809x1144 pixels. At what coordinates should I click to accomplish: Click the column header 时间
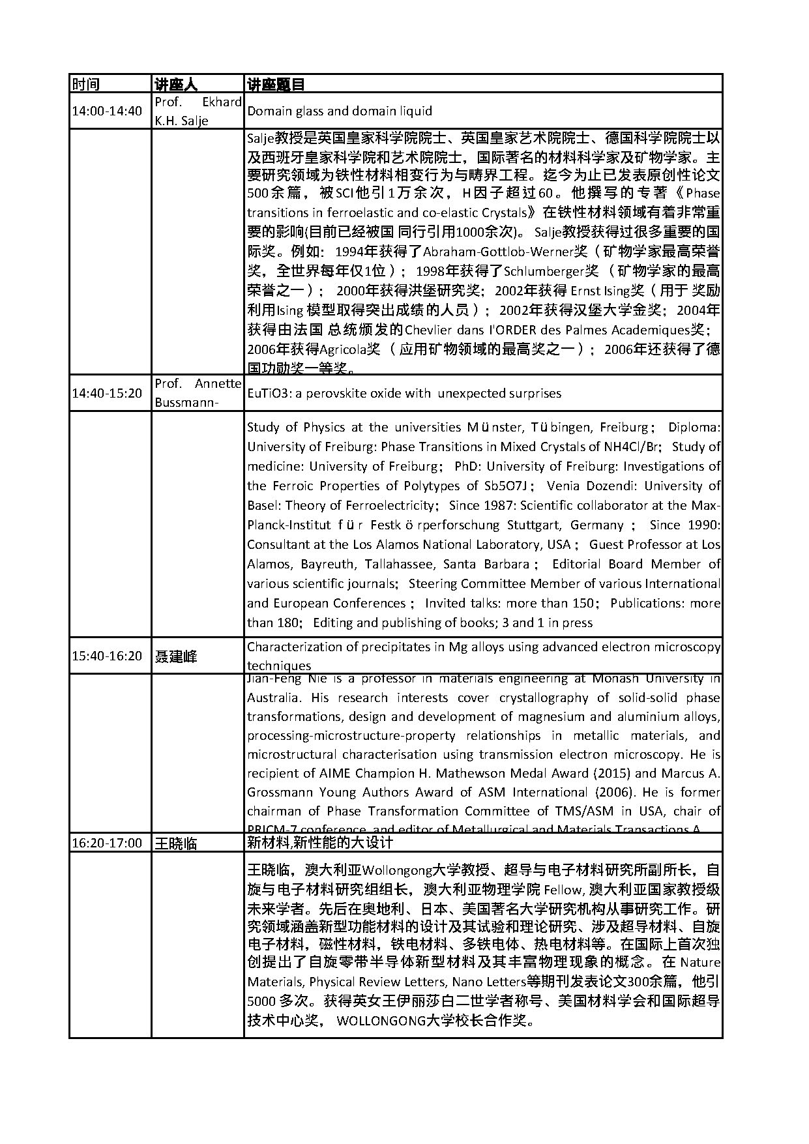[86, 84]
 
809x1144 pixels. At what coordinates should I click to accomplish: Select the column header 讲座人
[175, 84]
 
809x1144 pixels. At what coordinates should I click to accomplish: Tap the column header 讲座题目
[276, 84]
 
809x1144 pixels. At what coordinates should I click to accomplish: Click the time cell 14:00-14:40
[107, 111]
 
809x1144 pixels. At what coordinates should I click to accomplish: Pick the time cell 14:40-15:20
[107, 393]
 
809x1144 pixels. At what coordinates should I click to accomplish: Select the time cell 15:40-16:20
[107, 656]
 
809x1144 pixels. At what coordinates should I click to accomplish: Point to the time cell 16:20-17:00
[107, 843]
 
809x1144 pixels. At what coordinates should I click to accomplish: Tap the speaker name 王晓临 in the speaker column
[175, 843]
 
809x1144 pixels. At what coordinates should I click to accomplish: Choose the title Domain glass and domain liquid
[339, 111]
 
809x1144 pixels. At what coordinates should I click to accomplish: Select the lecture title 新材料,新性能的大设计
[320, 842]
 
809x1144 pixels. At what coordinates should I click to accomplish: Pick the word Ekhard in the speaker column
[222, 102]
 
